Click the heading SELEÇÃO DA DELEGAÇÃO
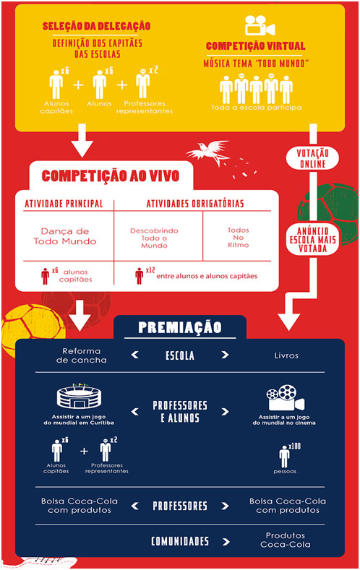[96, 26]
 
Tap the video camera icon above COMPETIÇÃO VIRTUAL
[260, 25]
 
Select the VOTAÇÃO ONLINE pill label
[312, 158]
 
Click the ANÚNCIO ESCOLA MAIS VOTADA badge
[313, 240]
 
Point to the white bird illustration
[208, 152]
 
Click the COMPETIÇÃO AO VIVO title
[111, 176]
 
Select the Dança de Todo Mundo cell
[65, 236]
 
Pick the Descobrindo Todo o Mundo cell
[154, 238]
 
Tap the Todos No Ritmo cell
[238, 238]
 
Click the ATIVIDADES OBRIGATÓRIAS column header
[195, 204]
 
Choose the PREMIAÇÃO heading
[180, 327]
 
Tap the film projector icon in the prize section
[285, 398]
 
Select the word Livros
[286, 355]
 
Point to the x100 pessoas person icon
[284, 457]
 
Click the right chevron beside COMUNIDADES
[226, 542]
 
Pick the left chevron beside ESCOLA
[135, 355]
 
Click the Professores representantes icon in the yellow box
[142, 84]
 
